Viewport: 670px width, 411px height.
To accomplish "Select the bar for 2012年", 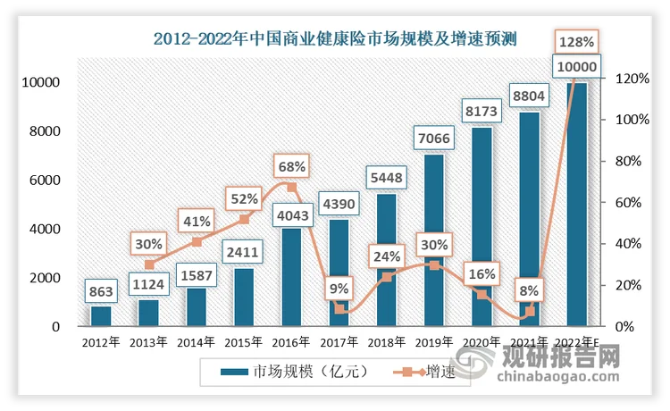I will click(x=100, y=316).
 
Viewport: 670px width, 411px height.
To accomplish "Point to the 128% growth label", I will click(x=575, y=41).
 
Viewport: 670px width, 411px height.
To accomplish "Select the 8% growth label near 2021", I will click(x=527, y=289).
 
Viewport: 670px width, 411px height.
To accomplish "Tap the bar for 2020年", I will click(x=482, y=232).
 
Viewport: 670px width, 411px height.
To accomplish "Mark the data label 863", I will click(x=100, y=291).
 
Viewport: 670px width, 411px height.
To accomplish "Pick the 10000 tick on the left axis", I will click(x=38, y=83).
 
